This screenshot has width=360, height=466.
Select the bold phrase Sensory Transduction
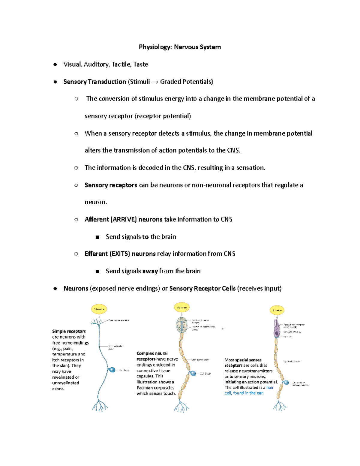[94, 82]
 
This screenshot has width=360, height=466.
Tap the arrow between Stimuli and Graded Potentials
[155, 82]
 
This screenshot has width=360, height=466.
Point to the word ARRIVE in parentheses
[124, 219]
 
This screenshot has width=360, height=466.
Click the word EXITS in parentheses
[120, 254]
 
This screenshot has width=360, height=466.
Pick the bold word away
[150, 271]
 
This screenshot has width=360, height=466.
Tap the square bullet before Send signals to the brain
[97, 237]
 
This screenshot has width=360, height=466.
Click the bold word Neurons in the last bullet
[76, 288]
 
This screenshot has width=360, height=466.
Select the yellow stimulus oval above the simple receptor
[99, 309]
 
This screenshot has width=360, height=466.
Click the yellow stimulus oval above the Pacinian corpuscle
[182, 307]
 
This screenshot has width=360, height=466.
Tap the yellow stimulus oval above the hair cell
[277, 310]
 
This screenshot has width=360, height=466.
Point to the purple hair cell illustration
[277, 329]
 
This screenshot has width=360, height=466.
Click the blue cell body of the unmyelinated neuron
[112, 370]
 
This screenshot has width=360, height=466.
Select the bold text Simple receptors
[69, 331]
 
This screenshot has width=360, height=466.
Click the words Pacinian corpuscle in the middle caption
[155, 388]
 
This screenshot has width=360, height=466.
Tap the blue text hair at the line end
[270, 387]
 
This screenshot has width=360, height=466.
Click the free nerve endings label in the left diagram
[119, 320]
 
